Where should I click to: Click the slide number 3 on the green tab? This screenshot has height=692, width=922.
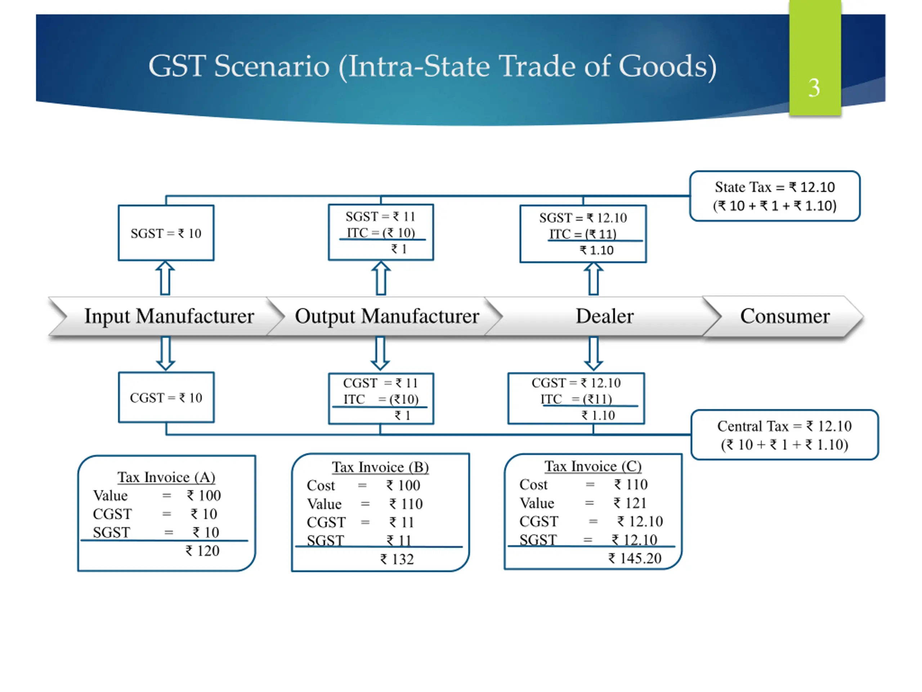(814, 88)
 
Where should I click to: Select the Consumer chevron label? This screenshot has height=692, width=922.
(784, 316)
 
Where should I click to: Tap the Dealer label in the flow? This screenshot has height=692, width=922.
(604, 316)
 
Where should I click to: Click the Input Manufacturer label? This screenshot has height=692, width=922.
(169, 316)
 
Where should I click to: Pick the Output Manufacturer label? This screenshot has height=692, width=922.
(387, 316)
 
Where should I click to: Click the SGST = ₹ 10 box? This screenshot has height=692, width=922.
(166, 233)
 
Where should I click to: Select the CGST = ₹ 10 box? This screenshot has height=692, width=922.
(166, 398)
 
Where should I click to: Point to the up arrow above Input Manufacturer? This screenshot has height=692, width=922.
(165, 278)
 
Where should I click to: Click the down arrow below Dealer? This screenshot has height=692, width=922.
(593, 353)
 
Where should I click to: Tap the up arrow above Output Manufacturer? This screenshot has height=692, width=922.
(381, 278)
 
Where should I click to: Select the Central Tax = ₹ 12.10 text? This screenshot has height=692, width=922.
(784, 426)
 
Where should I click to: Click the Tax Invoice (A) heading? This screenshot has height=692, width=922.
(166, 477)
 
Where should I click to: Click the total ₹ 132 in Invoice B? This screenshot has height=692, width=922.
(397, 559)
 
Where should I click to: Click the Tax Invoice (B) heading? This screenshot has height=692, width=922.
(380, 467)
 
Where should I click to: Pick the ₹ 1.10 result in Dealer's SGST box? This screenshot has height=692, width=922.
(596, 250)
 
